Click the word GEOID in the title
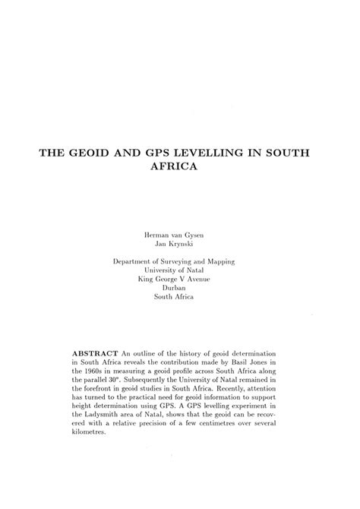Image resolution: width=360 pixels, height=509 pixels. pyautogui.click(x=90, y=152)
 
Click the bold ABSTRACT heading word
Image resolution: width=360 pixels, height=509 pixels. pyautogui.click(x=94, y=355)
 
